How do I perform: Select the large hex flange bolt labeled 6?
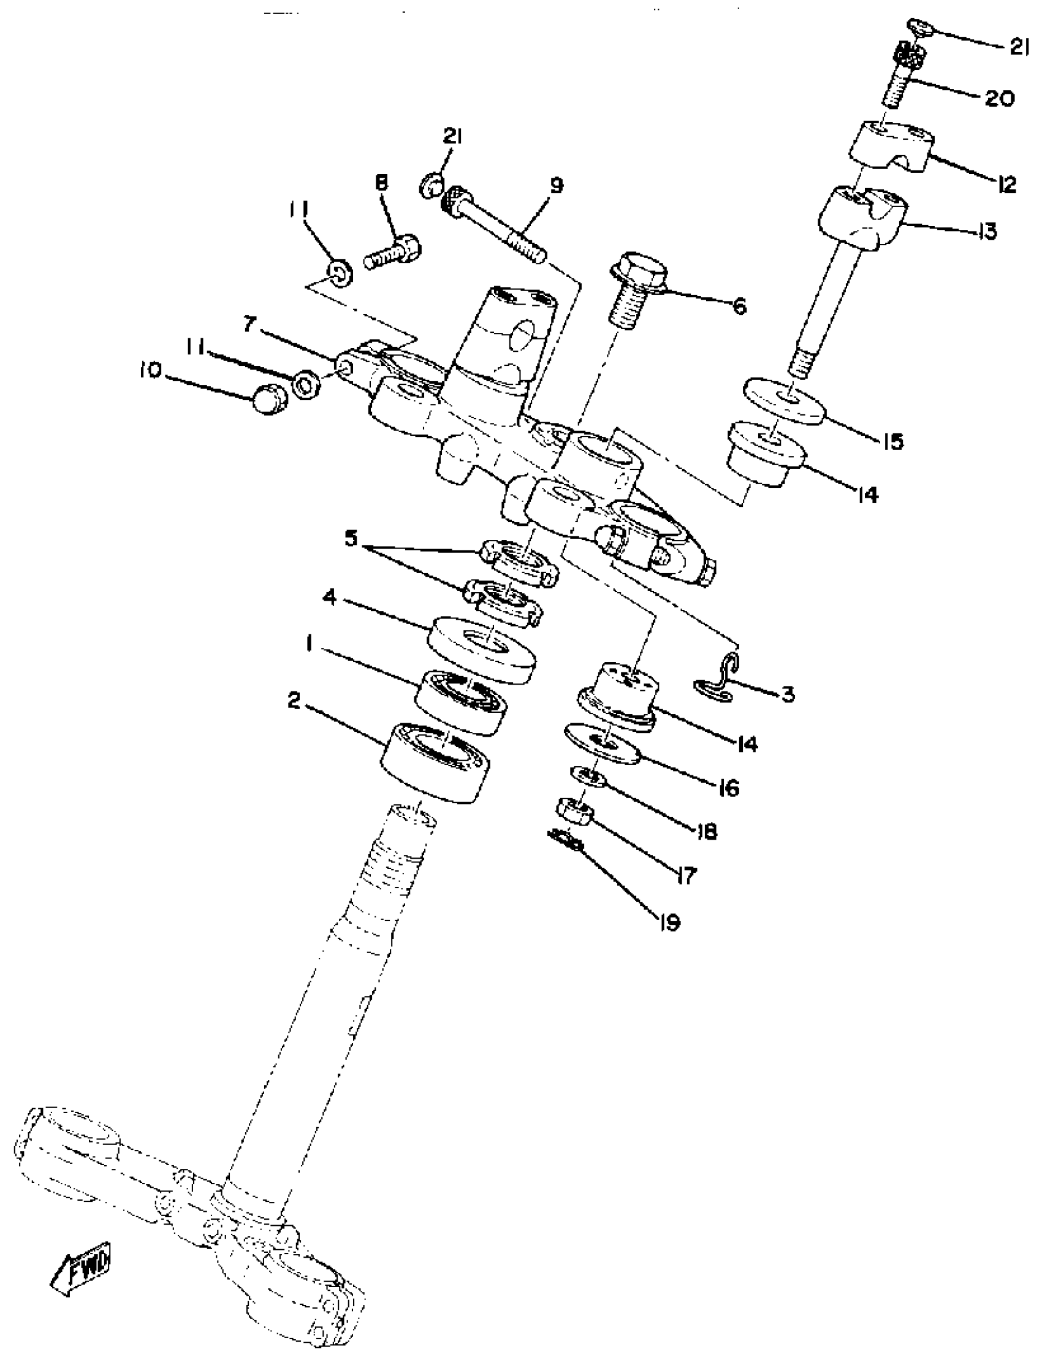click(639, 289)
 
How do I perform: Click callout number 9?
click(557, 185)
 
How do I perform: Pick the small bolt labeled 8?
click(392, 251)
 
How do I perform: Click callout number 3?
click(787, 694)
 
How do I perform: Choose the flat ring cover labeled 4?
click(481, 648)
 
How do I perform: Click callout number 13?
click(986, 231)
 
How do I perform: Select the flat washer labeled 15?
click(785, 403)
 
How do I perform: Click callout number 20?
click(999, 99)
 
